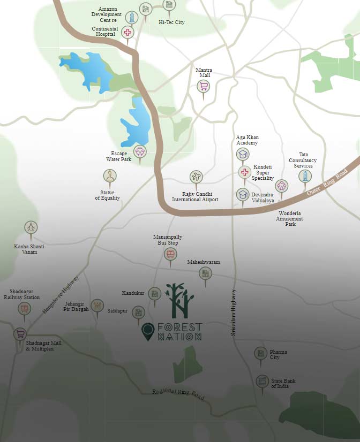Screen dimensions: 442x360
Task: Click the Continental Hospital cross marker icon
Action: point(127,33)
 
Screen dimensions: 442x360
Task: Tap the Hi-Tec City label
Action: point(171,22)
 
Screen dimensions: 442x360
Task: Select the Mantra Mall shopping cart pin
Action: point(204,87)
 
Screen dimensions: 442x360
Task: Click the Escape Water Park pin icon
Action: point(140,151)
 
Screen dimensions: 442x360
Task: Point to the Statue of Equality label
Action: point(108,195)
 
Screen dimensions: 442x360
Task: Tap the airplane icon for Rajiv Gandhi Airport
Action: point(196,177)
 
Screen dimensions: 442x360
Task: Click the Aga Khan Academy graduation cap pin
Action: point(243,155)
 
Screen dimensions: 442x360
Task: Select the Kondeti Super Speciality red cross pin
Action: point(244,172)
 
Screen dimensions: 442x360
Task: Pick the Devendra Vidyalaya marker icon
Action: point(243,194)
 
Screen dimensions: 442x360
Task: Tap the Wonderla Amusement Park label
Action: point(290,219)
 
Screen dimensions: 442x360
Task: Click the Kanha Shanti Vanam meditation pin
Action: point(31,227)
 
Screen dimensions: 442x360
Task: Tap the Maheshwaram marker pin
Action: point(205,273)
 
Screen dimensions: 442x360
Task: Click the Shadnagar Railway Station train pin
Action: point(24,309)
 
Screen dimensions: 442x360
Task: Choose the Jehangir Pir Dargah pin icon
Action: point(97,306)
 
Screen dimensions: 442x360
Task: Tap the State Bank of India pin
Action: point(262,382)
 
